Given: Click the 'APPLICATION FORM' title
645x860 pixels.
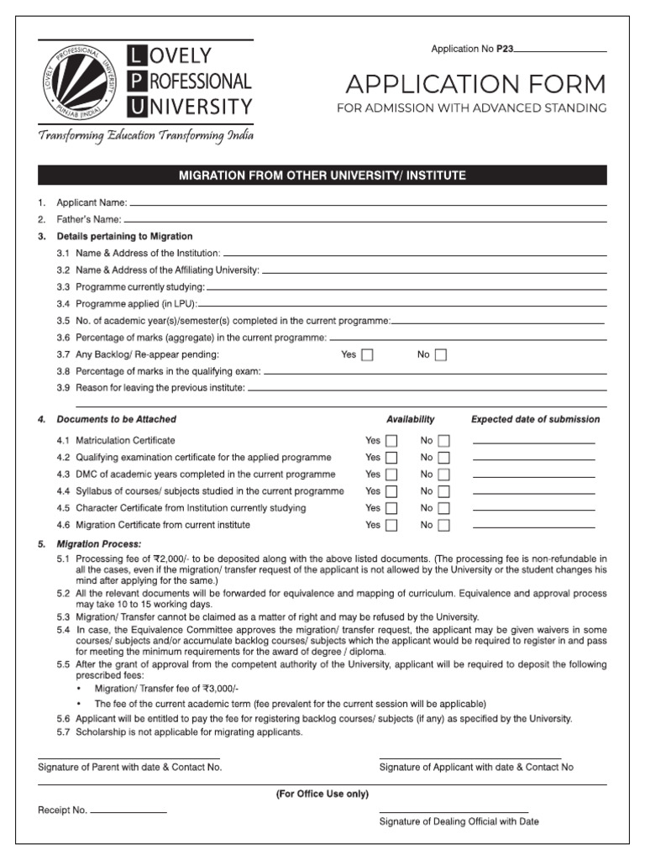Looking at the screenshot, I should (475, 84).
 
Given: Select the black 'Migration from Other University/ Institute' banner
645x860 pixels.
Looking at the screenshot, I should (322, 176).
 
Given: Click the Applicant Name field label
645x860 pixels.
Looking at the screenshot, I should (92, 202).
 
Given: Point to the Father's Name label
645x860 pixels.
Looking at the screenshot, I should (89, 219).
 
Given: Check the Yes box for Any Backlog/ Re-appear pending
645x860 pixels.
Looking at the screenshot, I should (367, 355).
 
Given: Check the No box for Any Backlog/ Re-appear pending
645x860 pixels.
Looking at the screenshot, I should (441, 355).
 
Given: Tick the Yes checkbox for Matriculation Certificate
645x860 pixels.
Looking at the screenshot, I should (391, 441).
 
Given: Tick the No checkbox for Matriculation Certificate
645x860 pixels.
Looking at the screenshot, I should (443, 441).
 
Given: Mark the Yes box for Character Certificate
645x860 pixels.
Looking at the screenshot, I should (391, 509).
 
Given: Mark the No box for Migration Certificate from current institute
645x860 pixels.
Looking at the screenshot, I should (443, 526).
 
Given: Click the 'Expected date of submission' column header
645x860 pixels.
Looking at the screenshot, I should (535, 419).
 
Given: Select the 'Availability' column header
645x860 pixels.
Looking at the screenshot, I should (410, 419).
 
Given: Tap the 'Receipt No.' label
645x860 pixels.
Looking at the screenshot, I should (62, 810).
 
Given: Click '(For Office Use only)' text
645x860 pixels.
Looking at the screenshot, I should (322, 794).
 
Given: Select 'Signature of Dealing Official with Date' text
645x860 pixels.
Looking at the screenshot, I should (459, 821).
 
